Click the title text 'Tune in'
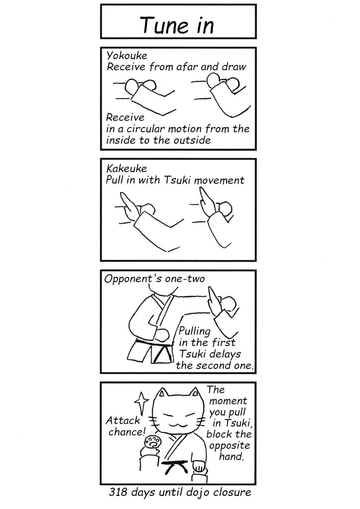[177, 25]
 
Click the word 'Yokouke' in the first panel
[127, 56]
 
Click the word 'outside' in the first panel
[192, 140]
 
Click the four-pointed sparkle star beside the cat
[142, 404]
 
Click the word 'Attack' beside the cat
[123, 421]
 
